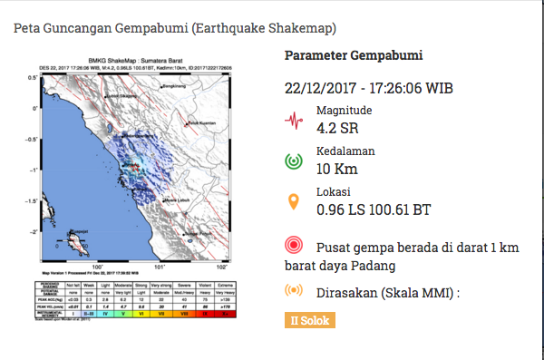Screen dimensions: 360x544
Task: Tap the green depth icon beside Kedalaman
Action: pyautogui.click(x=293, y=161)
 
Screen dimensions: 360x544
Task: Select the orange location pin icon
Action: pyautogui.click(x=293, y=201)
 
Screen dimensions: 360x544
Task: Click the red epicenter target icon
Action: pyautogui.click(x=293, y=245)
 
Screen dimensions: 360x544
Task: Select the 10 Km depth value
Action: pyautogui.click(x=338, y=169)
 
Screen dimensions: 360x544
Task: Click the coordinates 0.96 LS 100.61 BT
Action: pyautogui.click(x=373, y=209)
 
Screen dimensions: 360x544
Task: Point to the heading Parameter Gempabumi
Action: pyautogui.click(x=354, y=56)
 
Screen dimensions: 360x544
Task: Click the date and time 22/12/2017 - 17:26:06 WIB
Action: pyautogui.click(x=369, y=89)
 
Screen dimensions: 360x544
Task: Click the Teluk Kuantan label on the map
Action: pyautogui.click(x=201, y=123)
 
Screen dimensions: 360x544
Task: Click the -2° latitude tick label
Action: pyautogui.click(x=33, y=232)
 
